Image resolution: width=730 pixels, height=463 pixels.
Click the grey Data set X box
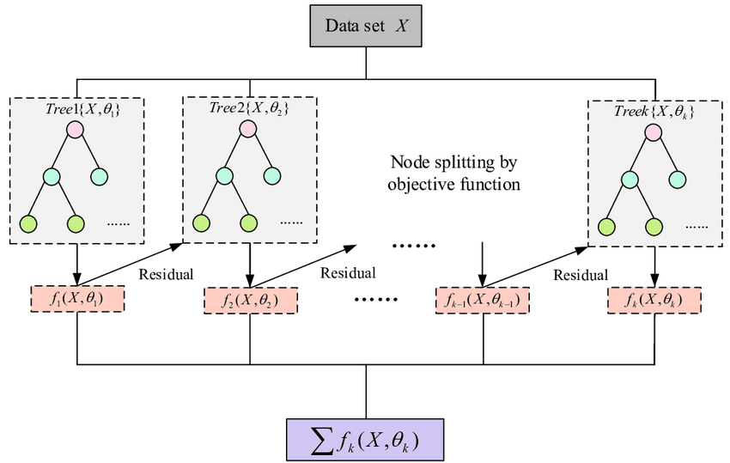(x=368, y=26)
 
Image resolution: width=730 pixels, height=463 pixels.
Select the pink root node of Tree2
(x=249, y=130)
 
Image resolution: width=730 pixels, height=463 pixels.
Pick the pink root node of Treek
(x=653, y=133)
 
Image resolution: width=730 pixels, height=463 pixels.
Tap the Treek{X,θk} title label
(x=654, y=112)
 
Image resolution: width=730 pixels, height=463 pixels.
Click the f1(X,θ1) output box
(x=77, y=301)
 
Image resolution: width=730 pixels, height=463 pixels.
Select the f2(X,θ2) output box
(x=251, y=302)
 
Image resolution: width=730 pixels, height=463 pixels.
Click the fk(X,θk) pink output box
(x=654, y=301)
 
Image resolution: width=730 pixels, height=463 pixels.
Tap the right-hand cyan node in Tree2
(x=274, y=177)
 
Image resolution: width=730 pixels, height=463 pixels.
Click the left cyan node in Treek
(x=630, y=180)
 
